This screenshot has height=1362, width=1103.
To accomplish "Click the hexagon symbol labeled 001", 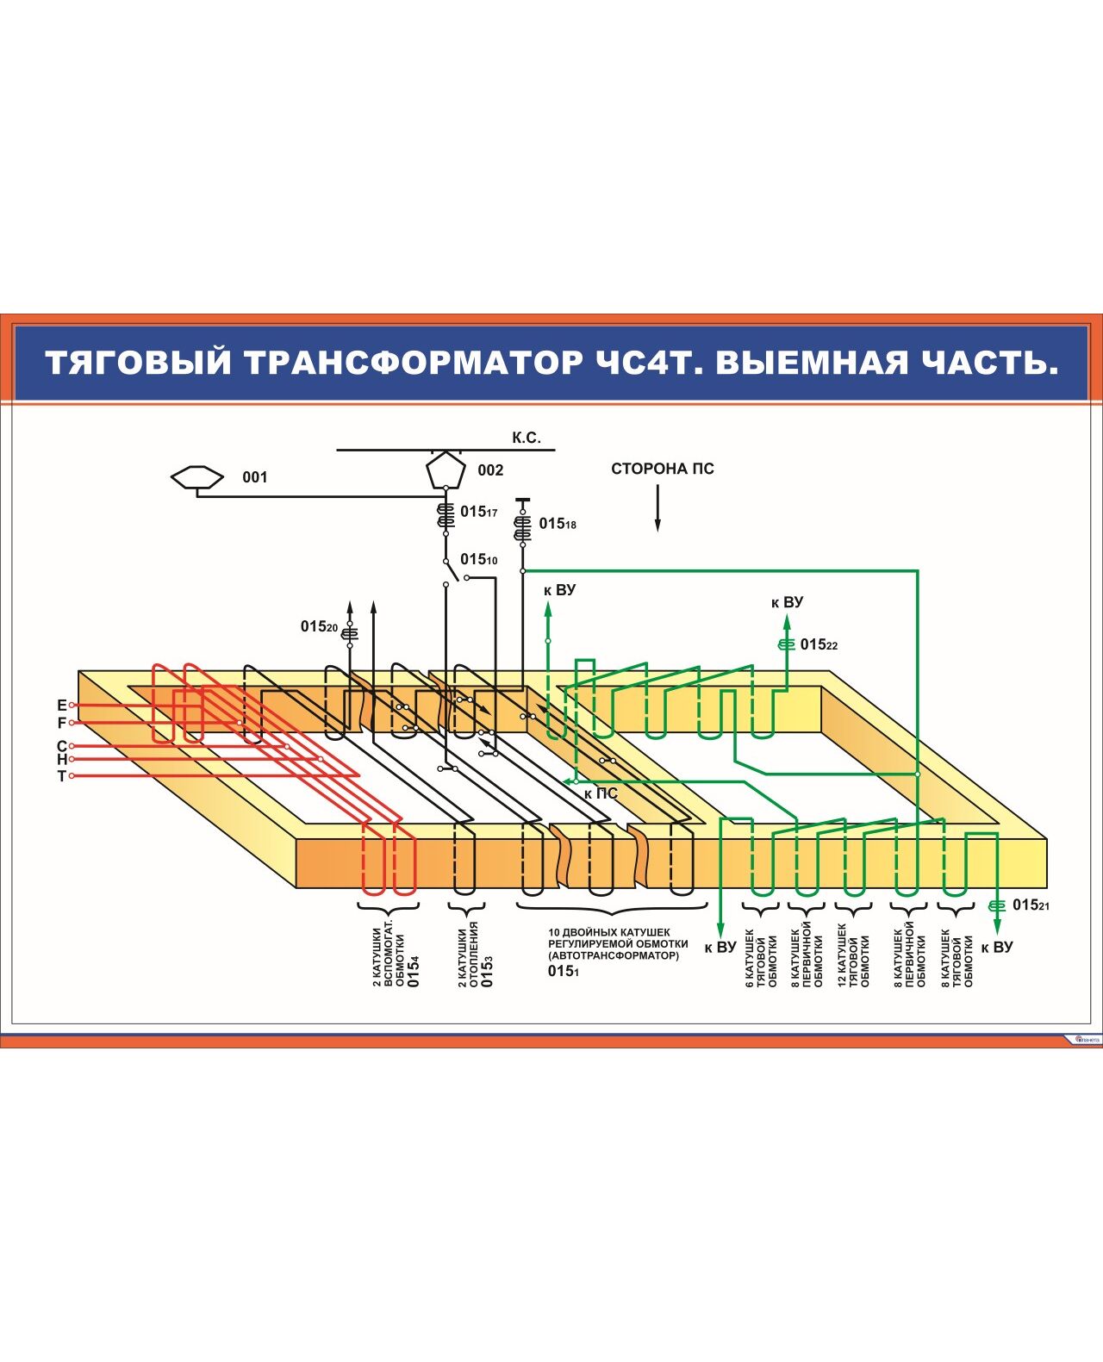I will (x=197, y=477).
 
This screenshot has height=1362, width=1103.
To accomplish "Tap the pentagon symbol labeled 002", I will (x=446, y=470).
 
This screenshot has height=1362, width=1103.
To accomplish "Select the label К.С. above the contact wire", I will (x=526, y=438).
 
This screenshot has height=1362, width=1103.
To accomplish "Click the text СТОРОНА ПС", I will (x=662, y=469).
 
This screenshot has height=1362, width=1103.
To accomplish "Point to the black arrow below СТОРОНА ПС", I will (x=657, y=508).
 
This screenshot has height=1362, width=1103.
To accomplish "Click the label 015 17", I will (x=478, y=512).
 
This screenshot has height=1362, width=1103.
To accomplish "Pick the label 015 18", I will (x=558, y=524).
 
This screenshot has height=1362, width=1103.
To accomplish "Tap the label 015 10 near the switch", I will (x=478, y=560).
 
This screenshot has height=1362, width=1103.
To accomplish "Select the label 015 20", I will (x=319, y=627).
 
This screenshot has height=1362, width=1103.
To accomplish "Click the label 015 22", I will (x=819, y=644).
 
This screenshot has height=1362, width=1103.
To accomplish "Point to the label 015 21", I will (x=1031, y=905).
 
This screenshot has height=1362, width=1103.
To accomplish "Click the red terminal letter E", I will (x=61, y=706).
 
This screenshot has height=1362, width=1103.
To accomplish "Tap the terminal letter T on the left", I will (x=61, y=776).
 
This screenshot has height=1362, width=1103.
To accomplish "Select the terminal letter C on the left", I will (x=61, y=746).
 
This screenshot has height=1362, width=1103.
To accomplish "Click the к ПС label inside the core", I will (x=601, y=793).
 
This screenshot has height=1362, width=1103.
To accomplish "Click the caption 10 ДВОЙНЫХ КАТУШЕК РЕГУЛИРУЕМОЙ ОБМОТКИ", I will (x=617, y=944).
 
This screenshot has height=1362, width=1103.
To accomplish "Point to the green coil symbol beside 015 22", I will (x=785, y=644).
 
